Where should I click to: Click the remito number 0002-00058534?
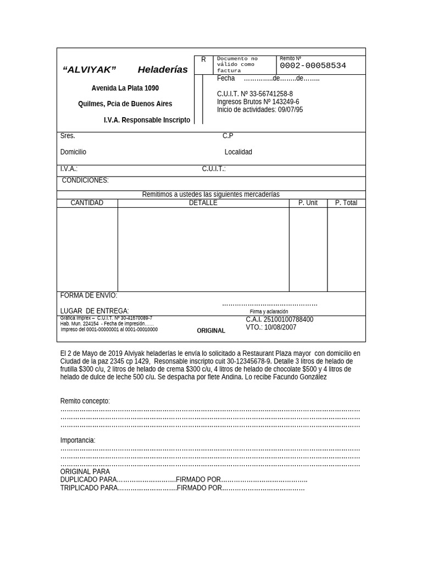click(x=313, y=66)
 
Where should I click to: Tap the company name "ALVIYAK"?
click(x=90, y=70)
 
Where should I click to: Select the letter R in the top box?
click(x=203, y=60)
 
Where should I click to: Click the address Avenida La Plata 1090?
click(x=125, y=88)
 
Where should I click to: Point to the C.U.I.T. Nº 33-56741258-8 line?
click(x=254, y=94)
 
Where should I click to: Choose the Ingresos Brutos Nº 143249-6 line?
click(x=258, y=102)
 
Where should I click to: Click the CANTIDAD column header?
click(x=87, y=203)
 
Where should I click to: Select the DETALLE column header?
click(x=203, y=203)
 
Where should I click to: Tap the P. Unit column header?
click(x=308, y=203)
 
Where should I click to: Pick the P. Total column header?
click(x=346, y=203)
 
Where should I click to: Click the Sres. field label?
click(x=68, y=136)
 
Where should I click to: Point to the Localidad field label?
click(x=238, y=152)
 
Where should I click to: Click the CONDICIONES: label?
click(x=85, y=180)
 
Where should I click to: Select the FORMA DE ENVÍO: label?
click(x=88, y=296)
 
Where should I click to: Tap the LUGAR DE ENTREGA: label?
click(x=95, y=311)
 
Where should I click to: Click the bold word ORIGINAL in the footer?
click(x=211, y=331)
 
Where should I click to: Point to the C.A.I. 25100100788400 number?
click(x=279, y=319)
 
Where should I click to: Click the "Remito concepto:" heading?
click(x=85, y=401)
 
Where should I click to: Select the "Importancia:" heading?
click(x=77, y=440)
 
